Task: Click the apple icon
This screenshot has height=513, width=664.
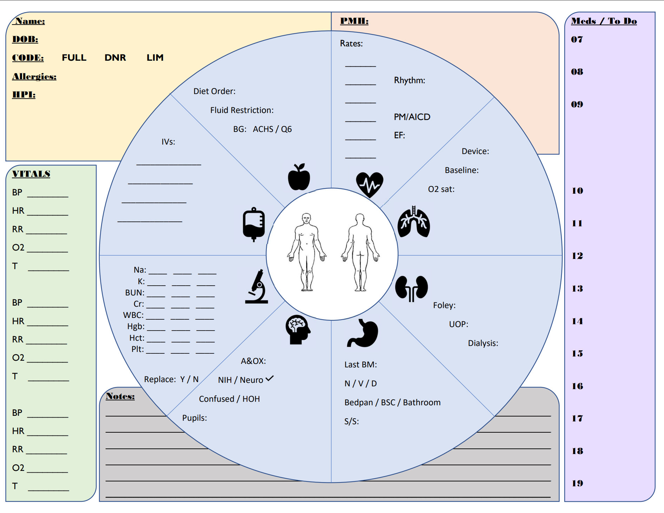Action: coord(299,177)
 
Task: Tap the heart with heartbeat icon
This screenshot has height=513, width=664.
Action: coord(369,184)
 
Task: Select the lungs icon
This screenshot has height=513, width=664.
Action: coord(414,222)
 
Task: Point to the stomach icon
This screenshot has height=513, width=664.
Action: coord(363,333)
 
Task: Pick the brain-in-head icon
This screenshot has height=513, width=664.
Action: coord(298,329)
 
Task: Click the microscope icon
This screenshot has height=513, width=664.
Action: coord(257,287)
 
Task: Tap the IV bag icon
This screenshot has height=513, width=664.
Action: coord(254,224)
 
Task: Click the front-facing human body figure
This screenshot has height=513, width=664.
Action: coord(307,252)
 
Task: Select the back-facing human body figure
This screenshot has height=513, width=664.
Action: coord(360,252)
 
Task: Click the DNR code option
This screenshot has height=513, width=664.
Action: coord(115,58)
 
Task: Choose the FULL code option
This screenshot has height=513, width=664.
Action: coord(74,58)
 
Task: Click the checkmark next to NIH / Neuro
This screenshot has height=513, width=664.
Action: coord(270,379)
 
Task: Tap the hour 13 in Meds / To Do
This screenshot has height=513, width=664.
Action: coord(577,288)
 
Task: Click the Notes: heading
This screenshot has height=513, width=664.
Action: coord(120,396)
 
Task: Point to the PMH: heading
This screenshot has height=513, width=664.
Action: coord(354,21)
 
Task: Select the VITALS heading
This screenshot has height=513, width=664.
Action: coord(31,174)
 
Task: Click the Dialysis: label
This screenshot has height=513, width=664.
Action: coord(483,343)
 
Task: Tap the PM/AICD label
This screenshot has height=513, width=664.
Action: coord(412,117)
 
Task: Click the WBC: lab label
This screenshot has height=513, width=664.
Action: coord(133,315)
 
